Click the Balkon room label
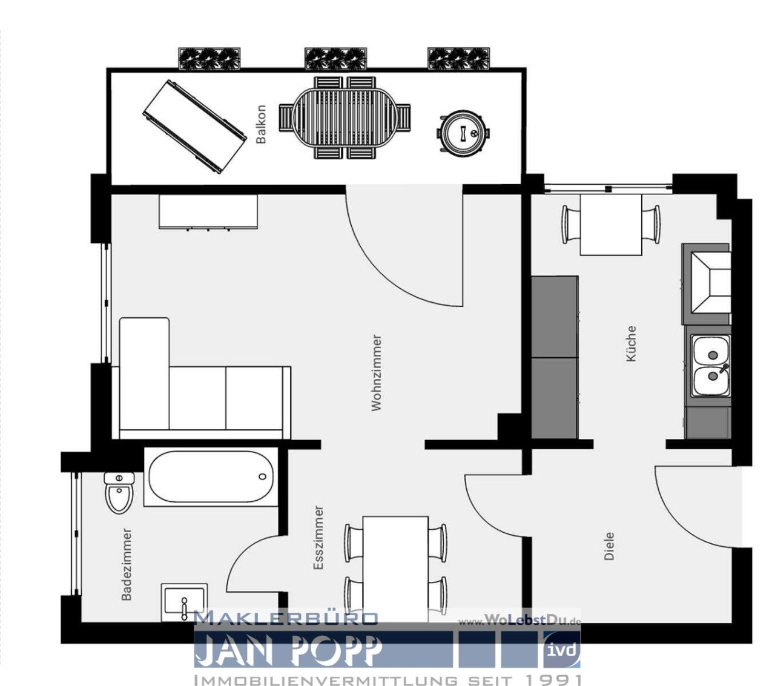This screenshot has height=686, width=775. click(x=261, y=124)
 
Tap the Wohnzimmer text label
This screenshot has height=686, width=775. click(x=377, y=372)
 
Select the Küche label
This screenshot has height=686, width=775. click(x=631, y=343)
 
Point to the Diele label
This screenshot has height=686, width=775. click(x=609, y=546)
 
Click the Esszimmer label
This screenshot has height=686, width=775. click(x=318, y=538)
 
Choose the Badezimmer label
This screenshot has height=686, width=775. click(x=127, y=564)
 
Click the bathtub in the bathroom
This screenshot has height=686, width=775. click(x=211, y=478)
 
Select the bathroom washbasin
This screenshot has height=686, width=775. click(x=184, y=602)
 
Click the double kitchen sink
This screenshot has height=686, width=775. click(x=711, y=365)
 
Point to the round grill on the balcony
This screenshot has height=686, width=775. click(x=463, y=133)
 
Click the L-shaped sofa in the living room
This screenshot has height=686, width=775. click(x=200, y=394)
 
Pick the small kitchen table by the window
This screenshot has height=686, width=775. click(x=611, y=225)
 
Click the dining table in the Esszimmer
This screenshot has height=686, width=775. click(x=395, y=563)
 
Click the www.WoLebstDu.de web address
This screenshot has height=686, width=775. click(x=519, y=621)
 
